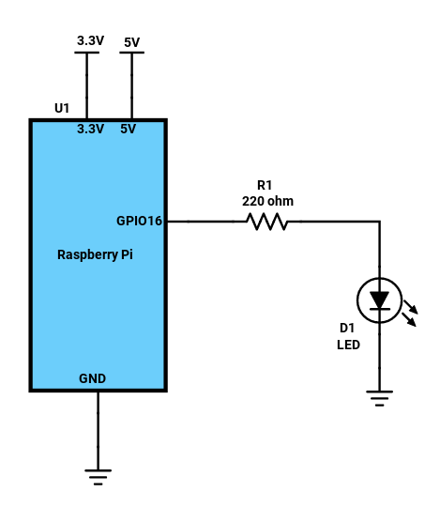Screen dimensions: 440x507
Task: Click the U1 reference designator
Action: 62,108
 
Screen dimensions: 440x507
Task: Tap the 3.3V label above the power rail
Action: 90,40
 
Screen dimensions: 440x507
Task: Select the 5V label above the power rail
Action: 131,42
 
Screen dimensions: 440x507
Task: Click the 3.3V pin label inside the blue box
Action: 90,129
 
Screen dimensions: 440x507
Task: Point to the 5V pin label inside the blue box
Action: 128,129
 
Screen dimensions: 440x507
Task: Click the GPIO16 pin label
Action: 139,221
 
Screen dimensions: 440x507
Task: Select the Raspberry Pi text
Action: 95,254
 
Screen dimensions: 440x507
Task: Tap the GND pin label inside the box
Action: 92,378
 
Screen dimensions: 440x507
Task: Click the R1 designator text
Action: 265,185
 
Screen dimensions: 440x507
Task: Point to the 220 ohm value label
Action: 267,201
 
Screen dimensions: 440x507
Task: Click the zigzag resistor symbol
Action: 266,222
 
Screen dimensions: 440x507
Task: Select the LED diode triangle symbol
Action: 380,300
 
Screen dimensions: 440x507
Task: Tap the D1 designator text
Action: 347,329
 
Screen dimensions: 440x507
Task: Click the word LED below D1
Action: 348,345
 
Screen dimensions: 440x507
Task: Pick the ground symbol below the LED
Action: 380,398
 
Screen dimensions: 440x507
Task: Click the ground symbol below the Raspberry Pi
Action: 99,477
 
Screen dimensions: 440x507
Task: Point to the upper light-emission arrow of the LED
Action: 411,307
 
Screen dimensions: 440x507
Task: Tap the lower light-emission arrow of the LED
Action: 409,320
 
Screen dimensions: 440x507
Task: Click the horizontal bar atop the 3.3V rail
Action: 87,53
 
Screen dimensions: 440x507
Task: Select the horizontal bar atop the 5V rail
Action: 131,53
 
